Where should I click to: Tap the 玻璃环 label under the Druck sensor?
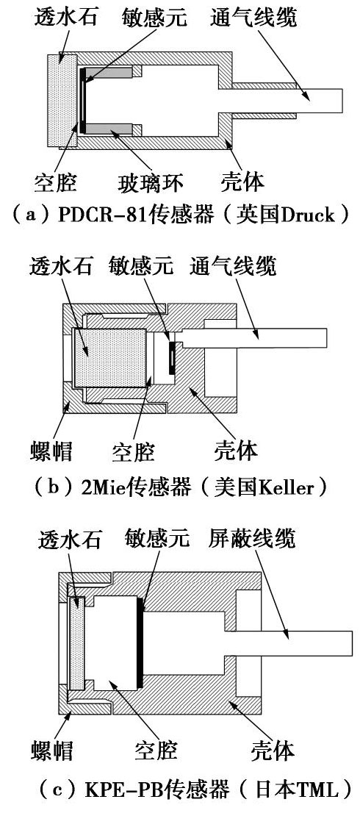point(150,184)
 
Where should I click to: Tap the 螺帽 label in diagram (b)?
point(50,450)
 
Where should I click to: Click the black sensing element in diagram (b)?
point(172,357)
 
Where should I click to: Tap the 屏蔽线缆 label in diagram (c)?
point(252,539)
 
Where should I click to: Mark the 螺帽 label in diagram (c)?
point(51,748)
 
